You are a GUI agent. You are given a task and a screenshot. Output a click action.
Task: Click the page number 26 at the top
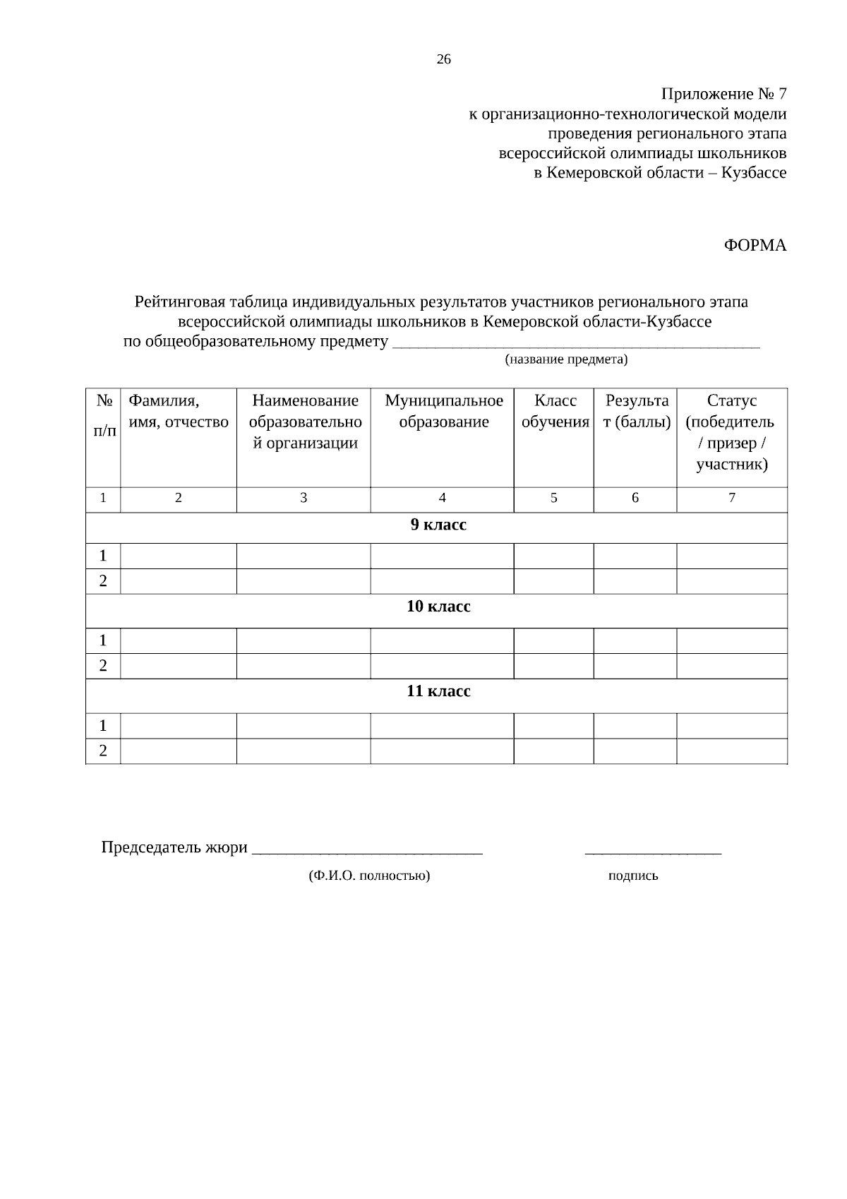pyautogui.click(x=443, y=60)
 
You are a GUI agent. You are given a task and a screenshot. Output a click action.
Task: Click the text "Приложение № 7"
pyautogui.click(x=723, y=94)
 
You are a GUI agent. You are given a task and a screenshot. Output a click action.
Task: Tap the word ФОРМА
pyautogui.click(x=755, y=246)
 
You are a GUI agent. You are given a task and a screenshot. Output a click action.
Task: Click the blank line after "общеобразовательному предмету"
pyautogui.click(x=575, y=343)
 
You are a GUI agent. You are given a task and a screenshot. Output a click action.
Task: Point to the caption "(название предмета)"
pyautogui.click(x=565, y=360)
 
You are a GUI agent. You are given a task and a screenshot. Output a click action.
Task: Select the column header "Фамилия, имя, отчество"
pyautogui.click(x=178, y=412)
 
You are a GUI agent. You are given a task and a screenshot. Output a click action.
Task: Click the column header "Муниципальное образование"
pyautogui.click(x=443, y=412)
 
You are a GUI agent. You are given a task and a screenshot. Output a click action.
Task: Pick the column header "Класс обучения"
pyautogui.click(x=554, y=412)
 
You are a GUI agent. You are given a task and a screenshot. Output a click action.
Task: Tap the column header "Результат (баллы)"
pyautogui.click(x=636, y=412)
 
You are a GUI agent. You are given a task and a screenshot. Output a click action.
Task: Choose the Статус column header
pyautogui.click(x=731, y=432)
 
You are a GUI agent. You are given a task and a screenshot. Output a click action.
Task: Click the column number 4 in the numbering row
pyautogui.click(x=442, y=499)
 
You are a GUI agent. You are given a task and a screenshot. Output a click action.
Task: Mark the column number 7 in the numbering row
pyautogui.click(x=731, y=499)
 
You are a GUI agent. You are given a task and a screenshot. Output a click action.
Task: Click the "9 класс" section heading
pyautogui.click(x=438, y=525)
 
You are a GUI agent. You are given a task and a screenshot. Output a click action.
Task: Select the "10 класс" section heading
pyautogui.click(x=438, y=607)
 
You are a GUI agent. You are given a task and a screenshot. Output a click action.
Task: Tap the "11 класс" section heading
pyautogui.click(x=438, y=691)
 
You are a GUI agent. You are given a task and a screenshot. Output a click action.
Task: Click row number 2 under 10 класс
pyautogui.click(x=103, y=666)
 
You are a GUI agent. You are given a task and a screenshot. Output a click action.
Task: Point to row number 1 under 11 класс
pyautogui.click(x=103, y=726)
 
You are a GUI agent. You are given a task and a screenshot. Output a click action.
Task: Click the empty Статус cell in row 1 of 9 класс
pyautogui.click(x=731, y=556)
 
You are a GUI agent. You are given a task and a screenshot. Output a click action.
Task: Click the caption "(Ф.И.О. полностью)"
pyautogui.click(x=369, y=876)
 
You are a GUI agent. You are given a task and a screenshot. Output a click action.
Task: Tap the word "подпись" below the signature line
pyautogui.click(x=632, y=876)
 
